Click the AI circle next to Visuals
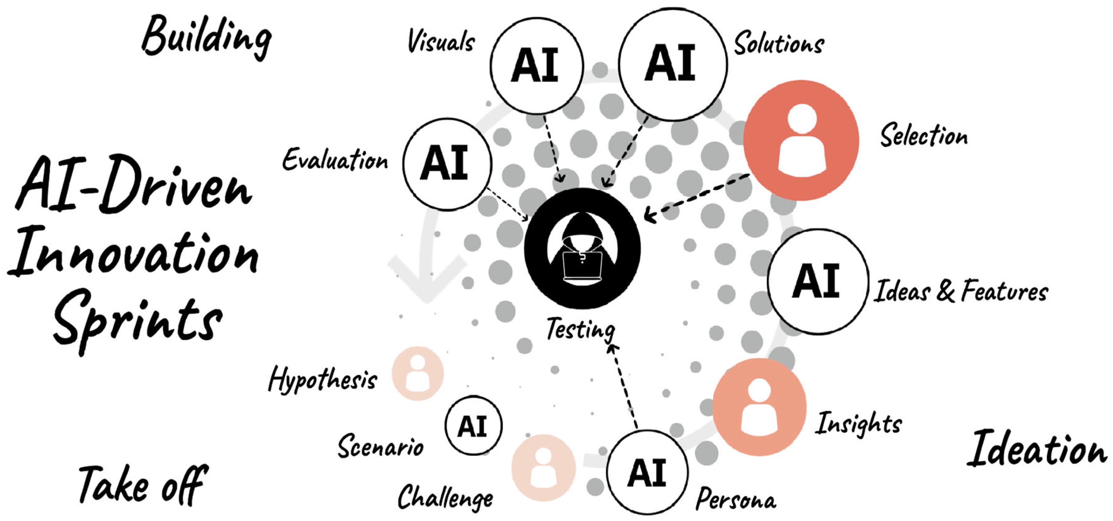click(x=537, y=66)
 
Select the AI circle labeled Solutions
click(x=672, y=64)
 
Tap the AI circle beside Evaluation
click(x=447, y=164)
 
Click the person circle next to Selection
click(x=801, y=141)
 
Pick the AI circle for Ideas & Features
click(x=818, y=281)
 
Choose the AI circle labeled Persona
click(x=647, y=472)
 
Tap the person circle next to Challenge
click(x=543, y=468)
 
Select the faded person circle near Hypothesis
click(x=417, y=373)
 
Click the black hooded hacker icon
click(x=582, y=249)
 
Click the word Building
click(x=207, y=38)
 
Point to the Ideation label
click(x=1037, y=450)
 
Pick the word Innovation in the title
click(x=134, y=253)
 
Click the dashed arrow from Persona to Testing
click(x=623, y=386)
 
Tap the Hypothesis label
click(x=322, y=380)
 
